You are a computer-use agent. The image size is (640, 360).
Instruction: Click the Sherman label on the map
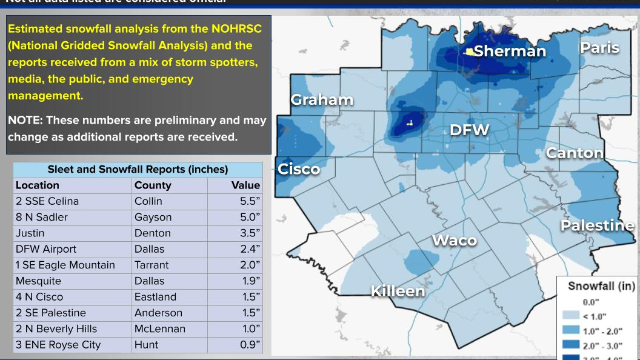pyautogui.click(x=510, y=51)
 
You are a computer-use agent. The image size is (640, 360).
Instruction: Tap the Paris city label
pyautogui.click(x=599, y=47)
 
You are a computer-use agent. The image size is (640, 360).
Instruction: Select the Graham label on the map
pyautogui.click(x=322, y=99)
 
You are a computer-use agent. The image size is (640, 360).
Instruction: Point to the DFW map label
pyautogui.click(x=469, y=130)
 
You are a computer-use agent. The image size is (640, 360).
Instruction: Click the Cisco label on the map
pyautogui.click(x=299, y=169)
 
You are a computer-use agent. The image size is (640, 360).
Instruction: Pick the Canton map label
pyautogui.click(x=575, y=153)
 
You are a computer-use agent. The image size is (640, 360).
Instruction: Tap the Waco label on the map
pyautogui.click(x=455, y=241)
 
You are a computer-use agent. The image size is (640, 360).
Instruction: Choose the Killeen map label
pyautogui.click(x=398, y=291)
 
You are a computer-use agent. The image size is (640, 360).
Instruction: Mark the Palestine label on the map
pyautogui.click(x=597, y=225)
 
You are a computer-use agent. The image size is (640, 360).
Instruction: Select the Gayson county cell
pyautogui.click(x=153, y=217)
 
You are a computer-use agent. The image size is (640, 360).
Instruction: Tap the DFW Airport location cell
pyautogui.click(x=46, y=249)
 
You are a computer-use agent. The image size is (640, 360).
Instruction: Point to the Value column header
pyautogui.click(x=245, y=185)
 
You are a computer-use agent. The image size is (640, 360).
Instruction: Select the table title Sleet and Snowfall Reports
pyautogui.click(x=138, y=169)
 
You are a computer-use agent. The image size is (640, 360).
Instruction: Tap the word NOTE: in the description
pyautogui.click(x=25, y=121)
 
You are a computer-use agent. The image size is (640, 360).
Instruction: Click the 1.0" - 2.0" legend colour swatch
pyautogui.click(x=570, y=330)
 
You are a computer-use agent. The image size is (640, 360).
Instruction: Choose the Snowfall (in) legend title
pyautogui.click(x=601, y=286)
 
